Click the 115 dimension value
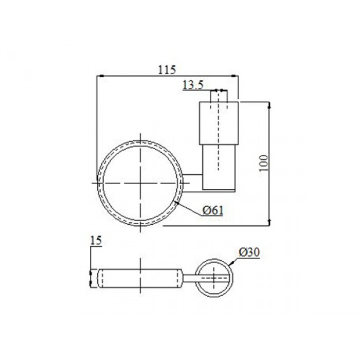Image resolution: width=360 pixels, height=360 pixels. (167, 70)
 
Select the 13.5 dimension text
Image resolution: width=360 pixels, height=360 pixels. (193, 85)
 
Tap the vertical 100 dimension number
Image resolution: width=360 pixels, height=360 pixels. (263, 163)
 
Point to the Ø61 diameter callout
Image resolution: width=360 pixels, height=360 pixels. (213, 210)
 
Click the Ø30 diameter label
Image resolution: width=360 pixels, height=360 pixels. (249, 253)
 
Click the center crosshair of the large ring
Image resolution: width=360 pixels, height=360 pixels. (140, 183)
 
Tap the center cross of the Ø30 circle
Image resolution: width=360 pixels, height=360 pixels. (214, 278)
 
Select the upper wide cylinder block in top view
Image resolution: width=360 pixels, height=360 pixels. (219, 123)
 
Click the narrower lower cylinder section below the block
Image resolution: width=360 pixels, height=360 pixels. (219, 167)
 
